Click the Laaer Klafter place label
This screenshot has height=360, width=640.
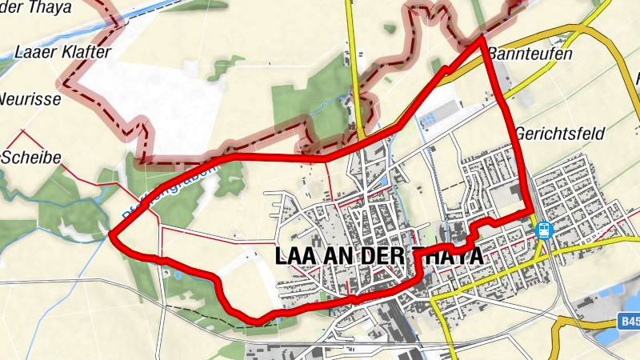pyautogui.click(x=62, y=53)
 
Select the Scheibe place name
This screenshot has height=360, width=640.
pyautogui.click(x=33, y=157)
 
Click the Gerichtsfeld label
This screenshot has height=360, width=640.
pyautogui.click(x=559, y=133)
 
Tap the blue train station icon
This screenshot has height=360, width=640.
pyautogui.click(x=544, y=230)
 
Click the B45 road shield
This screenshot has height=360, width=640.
pyautogui.click(x=630, y=322)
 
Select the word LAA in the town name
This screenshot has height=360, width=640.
pyautogui.click(x=294, y=256)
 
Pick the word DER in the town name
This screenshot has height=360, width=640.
pyautogui.click(x=383, y=256)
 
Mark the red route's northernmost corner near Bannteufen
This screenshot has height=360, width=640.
pyautogui.click(x=482, y=37)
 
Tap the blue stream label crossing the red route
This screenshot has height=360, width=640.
pyautogui.click(x=160, y=192)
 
